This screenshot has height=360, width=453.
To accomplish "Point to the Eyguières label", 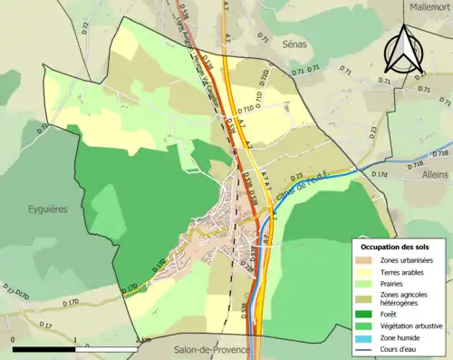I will click(x=48, y=208).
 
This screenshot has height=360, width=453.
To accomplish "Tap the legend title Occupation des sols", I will click(x=395, y=247).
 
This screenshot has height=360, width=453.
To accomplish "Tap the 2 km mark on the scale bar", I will click(x=134, y=340).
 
